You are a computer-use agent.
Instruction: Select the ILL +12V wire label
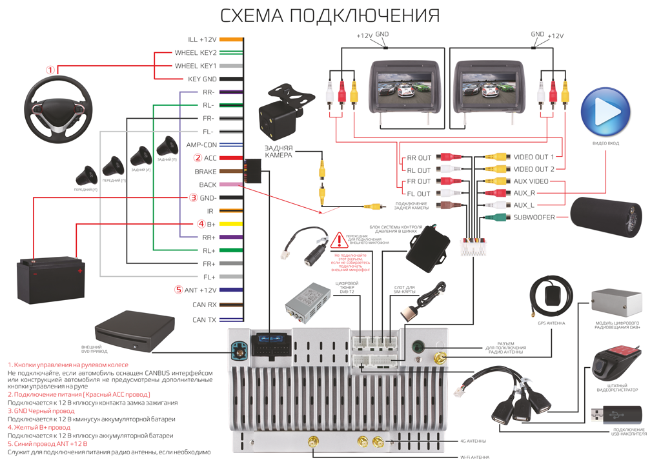click(202, 40)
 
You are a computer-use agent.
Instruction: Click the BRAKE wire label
click(205, 172)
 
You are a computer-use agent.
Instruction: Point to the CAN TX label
click(204, 319)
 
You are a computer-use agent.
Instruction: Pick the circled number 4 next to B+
click(201, 224)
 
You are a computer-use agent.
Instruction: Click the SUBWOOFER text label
click(534, 217)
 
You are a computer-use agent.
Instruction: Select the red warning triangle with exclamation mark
click(339, 241)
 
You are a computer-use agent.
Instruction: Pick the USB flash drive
click(616, 414)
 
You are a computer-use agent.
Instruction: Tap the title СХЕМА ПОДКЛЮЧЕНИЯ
click(330, 15)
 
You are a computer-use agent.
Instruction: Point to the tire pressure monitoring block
click(427, 248)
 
